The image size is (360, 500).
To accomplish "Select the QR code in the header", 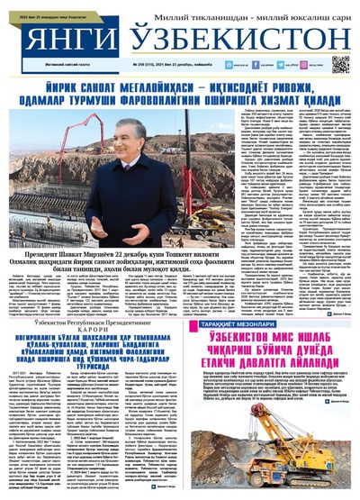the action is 340,63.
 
